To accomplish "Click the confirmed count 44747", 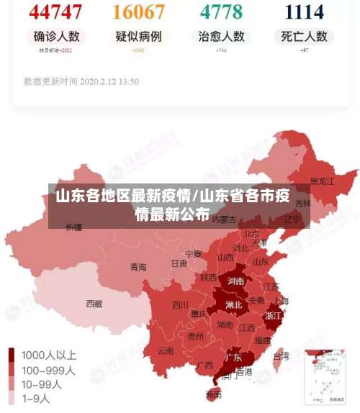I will coord(56,12).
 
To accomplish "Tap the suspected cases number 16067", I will coord(139,12).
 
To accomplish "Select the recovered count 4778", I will coord(222,12).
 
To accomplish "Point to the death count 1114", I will coord(304,12).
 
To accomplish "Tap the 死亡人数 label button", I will coord(305,36).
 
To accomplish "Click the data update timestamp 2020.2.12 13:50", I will coord(81,81).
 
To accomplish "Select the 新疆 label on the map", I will coord(74,227).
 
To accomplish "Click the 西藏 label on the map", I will coord(94,304).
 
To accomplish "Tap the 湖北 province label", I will coord(233,304).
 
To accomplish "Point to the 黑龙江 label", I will coord(322,181).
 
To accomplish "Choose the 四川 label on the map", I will coord(180,304).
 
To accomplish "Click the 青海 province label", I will coord(138,267).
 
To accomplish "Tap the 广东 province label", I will coord(233,357).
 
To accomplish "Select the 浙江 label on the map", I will coord(274,315).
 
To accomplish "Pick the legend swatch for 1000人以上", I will coord(12,355).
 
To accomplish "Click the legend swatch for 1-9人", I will coord(12,397).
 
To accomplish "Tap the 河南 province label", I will coord(235,281).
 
